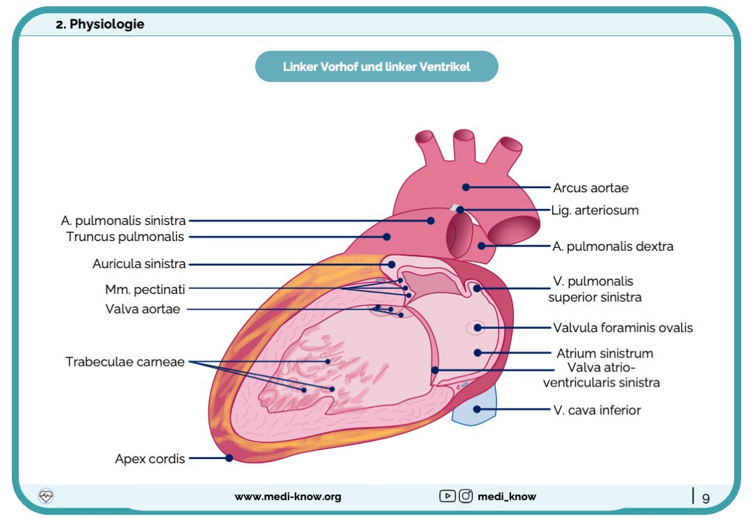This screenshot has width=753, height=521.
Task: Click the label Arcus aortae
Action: point(591,188)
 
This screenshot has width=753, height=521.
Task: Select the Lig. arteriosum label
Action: point(595,210)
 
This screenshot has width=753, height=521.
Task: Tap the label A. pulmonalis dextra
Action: point(613,247)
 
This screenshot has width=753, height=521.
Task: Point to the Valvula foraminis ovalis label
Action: point(623,327)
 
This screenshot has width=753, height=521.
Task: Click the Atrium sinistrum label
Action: point(604,353)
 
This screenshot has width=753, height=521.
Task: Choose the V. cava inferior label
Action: point(597,410)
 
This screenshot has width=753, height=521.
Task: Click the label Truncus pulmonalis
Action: point(125,237)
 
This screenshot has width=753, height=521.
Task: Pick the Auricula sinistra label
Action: point(139,264)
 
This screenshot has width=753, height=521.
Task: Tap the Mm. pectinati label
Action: point(145,288)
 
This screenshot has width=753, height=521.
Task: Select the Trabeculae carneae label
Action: point(125,361)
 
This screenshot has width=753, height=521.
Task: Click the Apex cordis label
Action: point(150,459)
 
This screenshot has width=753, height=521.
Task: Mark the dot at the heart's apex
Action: point(229,458)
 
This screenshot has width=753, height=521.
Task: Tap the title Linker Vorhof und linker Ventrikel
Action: point(376,67)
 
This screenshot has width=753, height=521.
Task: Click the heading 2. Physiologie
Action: point(100,24)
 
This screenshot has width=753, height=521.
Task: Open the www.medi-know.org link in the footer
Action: point(288,497)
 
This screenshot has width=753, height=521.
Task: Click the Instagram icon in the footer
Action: point(466,497)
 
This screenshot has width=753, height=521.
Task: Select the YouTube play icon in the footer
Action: point(447,497)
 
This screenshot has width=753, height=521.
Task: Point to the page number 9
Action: point(706,498)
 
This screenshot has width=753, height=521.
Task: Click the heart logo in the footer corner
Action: point(46,496)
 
